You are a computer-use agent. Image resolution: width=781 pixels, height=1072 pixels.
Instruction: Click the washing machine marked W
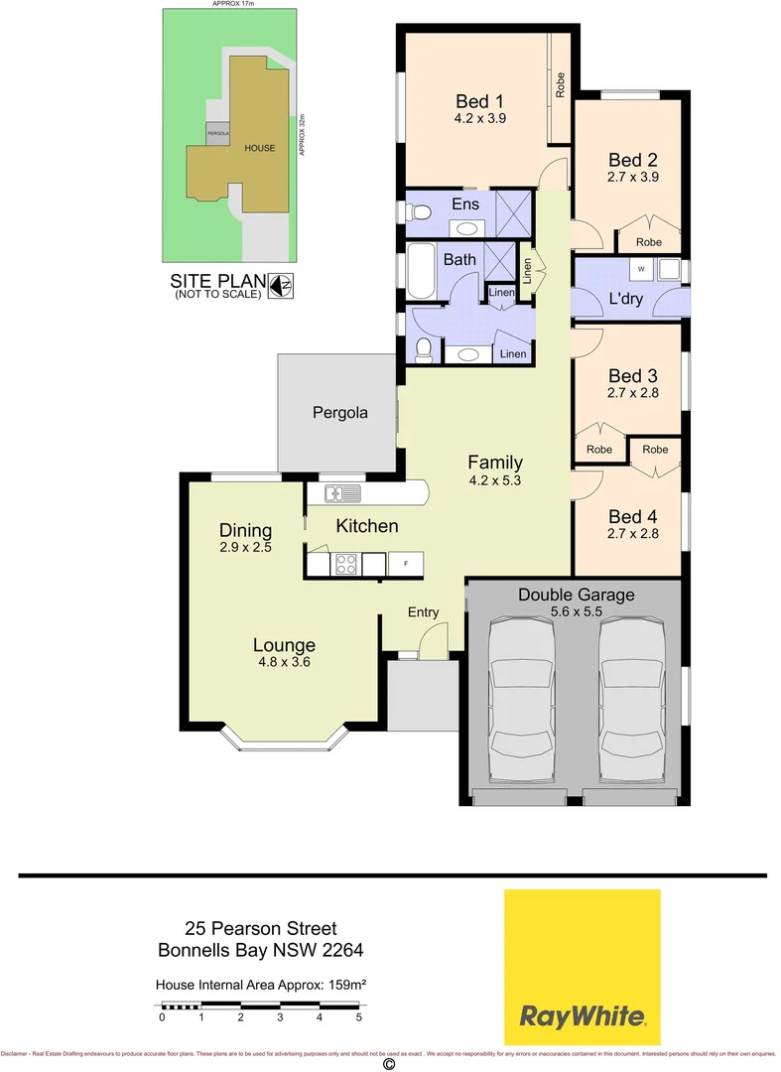point(641,268)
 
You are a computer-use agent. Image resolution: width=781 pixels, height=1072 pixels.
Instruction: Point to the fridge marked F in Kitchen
point(405,564)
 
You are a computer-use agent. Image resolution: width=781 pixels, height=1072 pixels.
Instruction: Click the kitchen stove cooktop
point(344,564)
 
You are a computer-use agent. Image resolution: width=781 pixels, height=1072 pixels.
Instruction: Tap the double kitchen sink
point(335,492)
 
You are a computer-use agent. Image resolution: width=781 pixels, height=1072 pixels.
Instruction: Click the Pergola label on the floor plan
point(340,412)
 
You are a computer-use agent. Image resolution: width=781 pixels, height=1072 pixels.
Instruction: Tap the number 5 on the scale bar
point(359,1017)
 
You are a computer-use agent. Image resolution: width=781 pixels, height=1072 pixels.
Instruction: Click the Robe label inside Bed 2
point(648,242)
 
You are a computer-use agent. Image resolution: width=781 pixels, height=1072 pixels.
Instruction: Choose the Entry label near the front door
point(424,612)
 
